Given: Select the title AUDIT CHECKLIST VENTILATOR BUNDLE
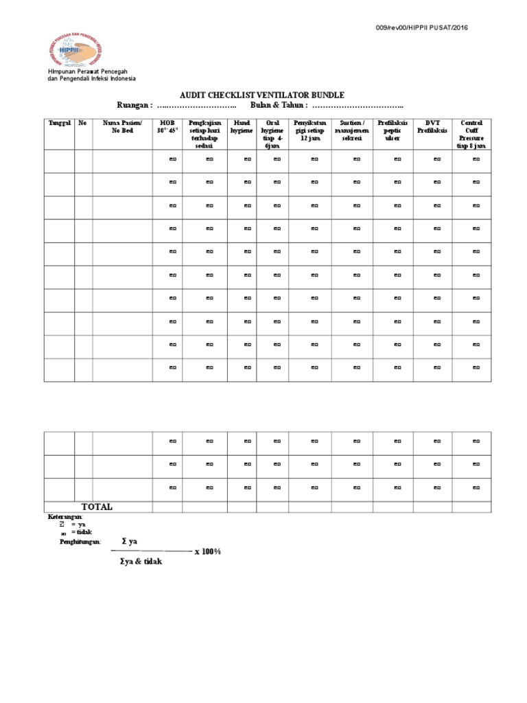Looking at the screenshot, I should coord(263,95).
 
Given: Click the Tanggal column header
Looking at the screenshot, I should coord(59,123).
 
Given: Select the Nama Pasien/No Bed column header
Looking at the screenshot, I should coord(122,126).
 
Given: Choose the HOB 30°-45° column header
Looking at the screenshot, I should coord(167,126).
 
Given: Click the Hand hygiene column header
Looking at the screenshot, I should coord(242,126).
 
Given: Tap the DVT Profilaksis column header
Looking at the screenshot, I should coord(432,126).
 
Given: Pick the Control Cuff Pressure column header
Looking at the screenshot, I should coord(472,134).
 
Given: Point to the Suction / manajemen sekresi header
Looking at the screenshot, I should coord(352,130).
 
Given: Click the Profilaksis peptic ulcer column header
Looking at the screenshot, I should coord(393,130).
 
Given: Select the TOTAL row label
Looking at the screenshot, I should coord(97,507).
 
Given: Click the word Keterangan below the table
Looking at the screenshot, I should coord(65,516).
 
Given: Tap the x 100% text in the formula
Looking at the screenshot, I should coord(208,551).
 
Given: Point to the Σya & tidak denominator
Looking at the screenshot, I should coord(140,562).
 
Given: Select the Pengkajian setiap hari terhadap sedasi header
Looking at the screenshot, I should coord(204,134).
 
